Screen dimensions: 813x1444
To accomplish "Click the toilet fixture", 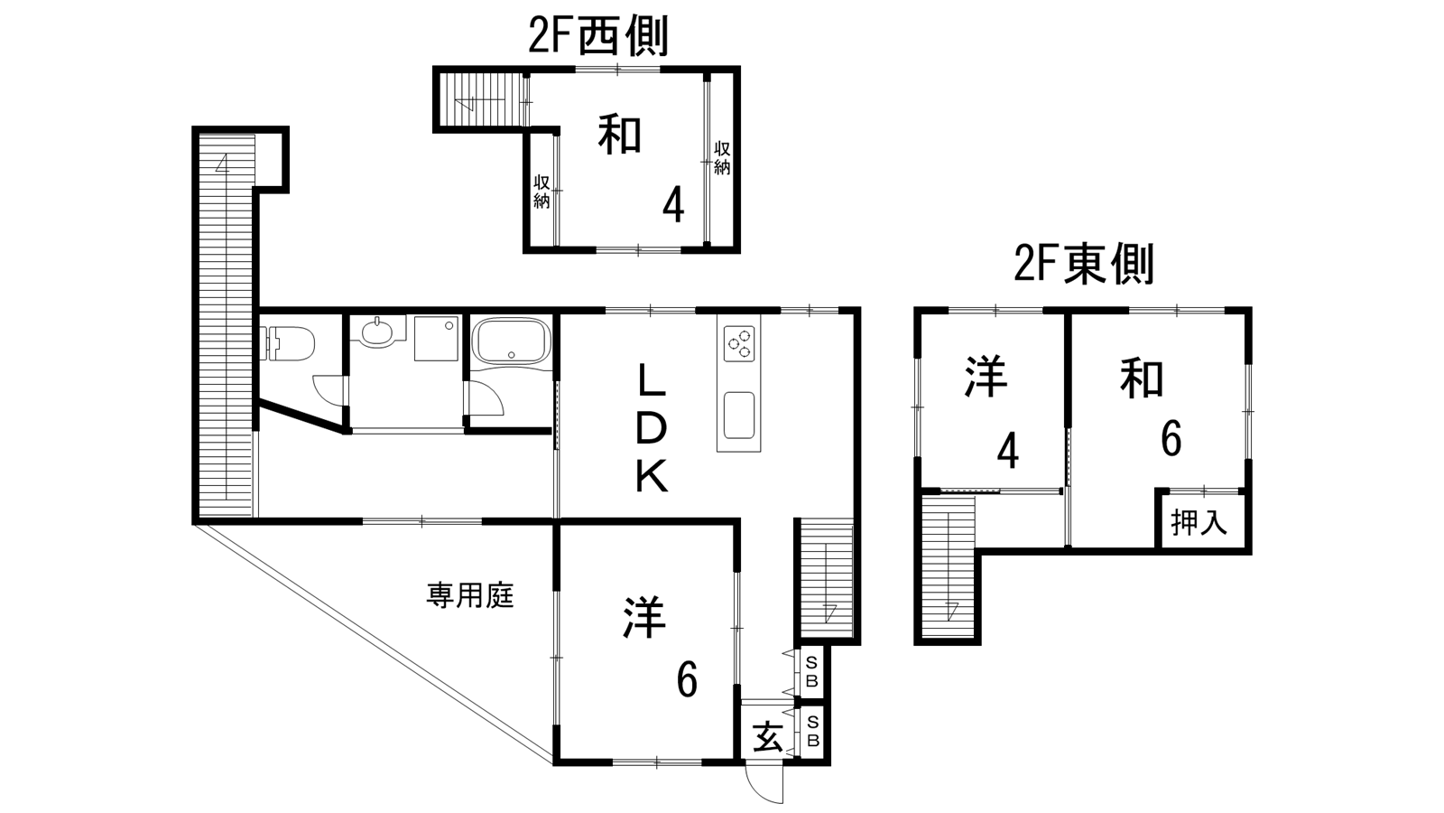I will pos(292,343).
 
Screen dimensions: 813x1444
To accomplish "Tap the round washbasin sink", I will pos(377,332).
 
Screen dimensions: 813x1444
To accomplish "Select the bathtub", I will pos(511,342).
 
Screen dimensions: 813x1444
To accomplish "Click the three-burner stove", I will pos(738,344).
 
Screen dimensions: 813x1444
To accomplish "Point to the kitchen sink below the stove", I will pos(738,416).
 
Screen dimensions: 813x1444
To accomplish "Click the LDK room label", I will pos(652,428).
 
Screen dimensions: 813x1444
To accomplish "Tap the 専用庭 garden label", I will pos(469,595).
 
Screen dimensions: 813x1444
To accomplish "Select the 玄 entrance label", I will pos(767,737).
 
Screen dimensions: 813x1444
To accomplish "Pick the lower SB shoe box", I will pos(811,732).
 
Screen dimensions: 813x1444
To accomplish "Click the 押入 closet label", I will pos(1199,522).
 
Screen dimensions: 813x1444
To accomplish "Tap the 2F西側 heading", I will pos(597,38).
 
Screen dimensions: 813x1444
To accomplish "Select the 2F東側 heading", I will pos(1083,265).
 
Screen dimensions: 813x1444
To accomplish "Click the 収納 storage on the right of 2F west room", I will pos(722,158).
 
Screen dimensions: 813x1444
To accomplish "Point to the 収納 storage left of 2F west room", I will pos(541,191).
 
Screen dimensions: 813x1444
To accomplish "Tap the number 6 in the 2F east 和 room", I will pos(1171,440).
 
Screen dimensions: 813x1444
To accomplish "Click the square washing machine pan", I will pos(436,338).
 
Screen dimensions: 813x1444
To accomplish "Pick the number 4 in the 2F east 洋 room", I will pos(1008,451).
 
